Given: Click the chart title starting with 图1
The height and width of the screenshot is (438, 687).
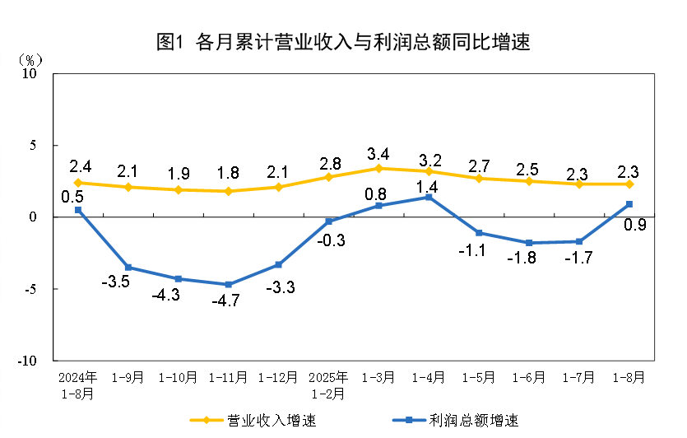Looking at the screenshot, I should (x=343, y=42).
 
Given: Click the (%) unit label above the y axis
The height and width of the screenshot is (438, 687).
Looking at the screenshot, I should (x=30, y=60).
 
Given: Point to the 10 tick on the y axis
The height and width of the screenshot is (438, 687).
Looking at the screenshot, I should (x=30, y=73).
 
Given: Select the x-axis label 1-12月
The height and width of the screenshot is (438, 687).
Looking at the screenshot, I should (x=278, y=378).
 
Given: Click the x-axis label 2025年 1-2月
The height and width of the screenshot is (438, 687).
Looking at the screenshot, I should (x=328, y=385).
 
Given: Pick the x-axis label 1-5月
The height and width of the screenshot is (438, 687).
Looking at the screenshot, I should (x=479, y=378).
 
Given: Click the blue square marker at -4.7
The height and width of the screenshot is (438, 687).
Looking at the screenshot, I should (x=228, y=284).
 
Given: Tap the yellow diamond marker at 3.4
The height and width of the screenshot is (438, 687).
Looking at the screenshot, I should (x=378, y=168).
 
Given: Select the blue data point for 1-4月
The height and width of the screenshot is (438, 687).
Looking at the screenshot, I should (x=429, y=197).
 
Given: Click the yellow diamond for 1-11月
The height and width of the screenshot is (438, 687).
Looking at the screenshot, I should (x=228, y=191).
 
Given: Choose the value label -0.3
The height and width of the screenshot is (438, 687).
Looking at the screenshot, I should (x=328, y=240).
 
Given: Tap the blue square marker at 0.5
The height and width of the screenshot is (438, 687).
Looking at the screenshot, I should (x=77, y=210).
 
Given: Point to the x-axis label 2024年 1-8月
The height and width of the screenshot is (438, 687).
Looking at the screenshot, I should (x=77, y=385).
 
